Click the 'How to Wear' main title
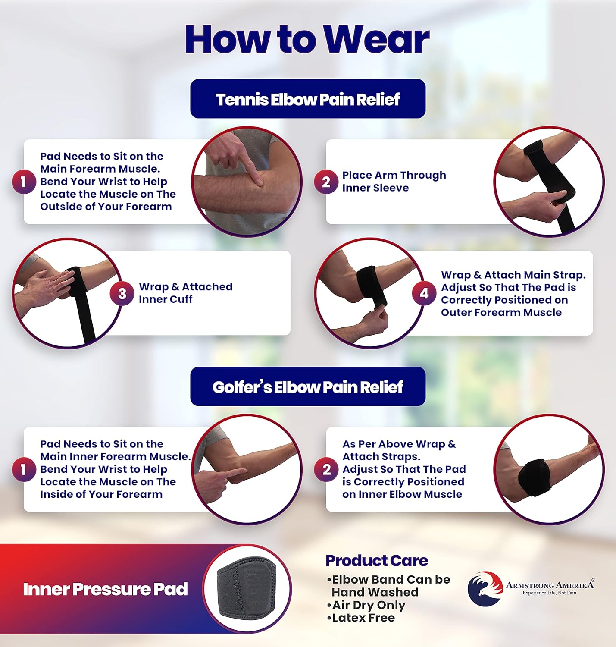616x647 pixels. tap(307, 39)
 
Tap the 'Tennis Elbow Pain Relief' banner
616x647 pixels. tap(308, 99)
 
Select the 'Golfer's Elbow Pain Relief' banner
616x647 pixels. tap(308, 387)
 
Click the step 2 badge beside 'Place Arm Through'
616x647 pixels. tap(326, 182)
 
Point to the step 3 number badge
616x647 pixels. tap(122, 294)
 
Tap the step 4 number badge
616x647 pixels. tap(424, 293)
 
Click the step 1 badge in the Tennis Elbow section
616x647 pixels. tap(23, 182)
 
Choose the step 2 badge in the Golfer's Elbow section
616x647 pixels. tap(326, 469)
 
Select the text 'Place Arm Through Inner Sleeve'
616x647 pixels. tap(394, 182)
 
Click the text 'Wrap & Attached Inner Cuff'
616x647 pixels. tap(185, 293)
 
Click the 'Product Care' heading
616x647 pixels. tap(376, 560)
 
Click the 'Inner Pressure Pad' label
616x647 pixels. tap(105, 589)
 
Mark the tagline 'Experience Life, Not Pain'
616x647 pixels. tap(549, 593)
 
